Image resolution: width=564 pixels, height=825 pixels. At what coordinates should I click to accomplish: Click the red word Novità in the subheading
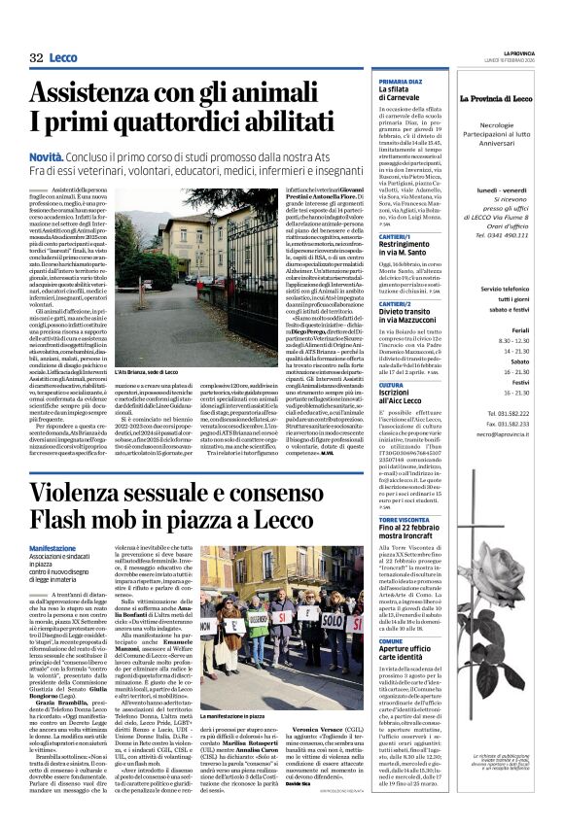48,156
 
